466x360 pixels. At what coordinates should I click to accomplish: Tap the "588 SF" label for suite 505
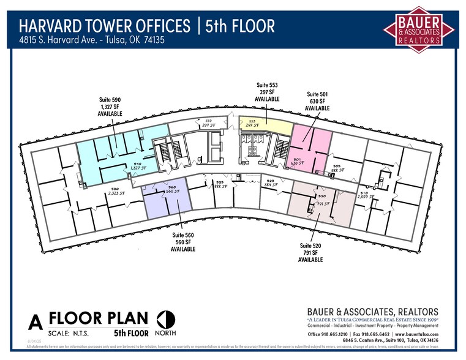click(338, 170)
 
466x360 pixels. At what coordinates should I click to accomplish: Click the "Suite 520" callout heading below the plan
click(310, 246)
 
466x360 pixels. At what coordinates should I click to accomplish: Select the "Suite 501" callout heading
click(317, 94)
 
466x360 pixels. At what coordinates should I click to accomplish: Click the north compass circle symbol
click(165, 319)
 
